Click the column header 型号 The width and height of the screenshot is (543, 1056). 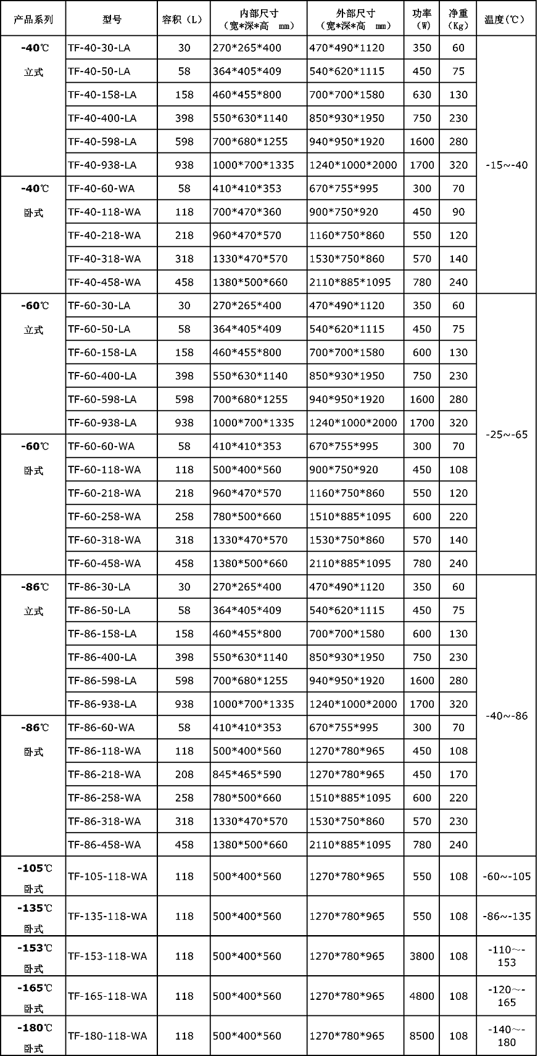[x=112, y=19]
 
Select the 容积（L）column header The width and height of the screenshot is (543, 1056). [x=184, y=19]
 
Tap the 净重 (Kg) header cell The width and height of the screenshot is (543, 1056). [x=458, y=19]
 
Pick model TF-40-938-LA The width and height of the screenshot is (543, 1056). [x=102, y=165]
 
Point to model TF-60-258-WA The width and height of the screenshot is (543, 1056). [x=104, y=516]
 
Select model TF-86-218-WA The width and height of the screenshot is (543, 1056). [x=104, y=774]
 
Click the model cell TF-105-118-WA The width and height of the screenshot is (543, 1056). [x=107, y=876]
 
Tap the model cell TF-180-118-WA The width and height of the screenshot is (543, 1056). [x=107, y=1036]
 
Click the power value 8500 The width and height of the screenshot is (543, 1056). [x=422, y=1036]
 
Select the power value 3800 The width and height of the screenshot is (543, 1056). [x=422, y=956]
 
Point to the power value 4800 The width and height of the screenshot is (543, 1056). [x=422, y=996]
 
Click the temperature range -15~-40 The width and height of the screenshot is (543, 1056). [x=507, y=165]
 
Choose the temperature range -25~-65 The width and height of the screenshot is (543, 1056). [x=507, y=434]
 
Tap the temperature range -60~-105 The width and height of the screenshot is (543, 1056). [x=507, y=876]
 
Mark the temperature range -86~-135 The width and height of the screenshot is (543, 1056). [x=507, y=916]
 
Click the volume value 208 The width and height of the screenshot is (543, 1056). [x=184, y=774]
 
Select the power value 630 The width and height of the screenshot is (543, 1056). [x=422, y=94]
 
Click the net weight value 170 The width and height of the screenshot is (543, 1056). [x=458, y=774]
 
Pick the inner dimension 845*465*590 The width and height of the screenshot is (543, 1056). [x=247, y=774]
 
